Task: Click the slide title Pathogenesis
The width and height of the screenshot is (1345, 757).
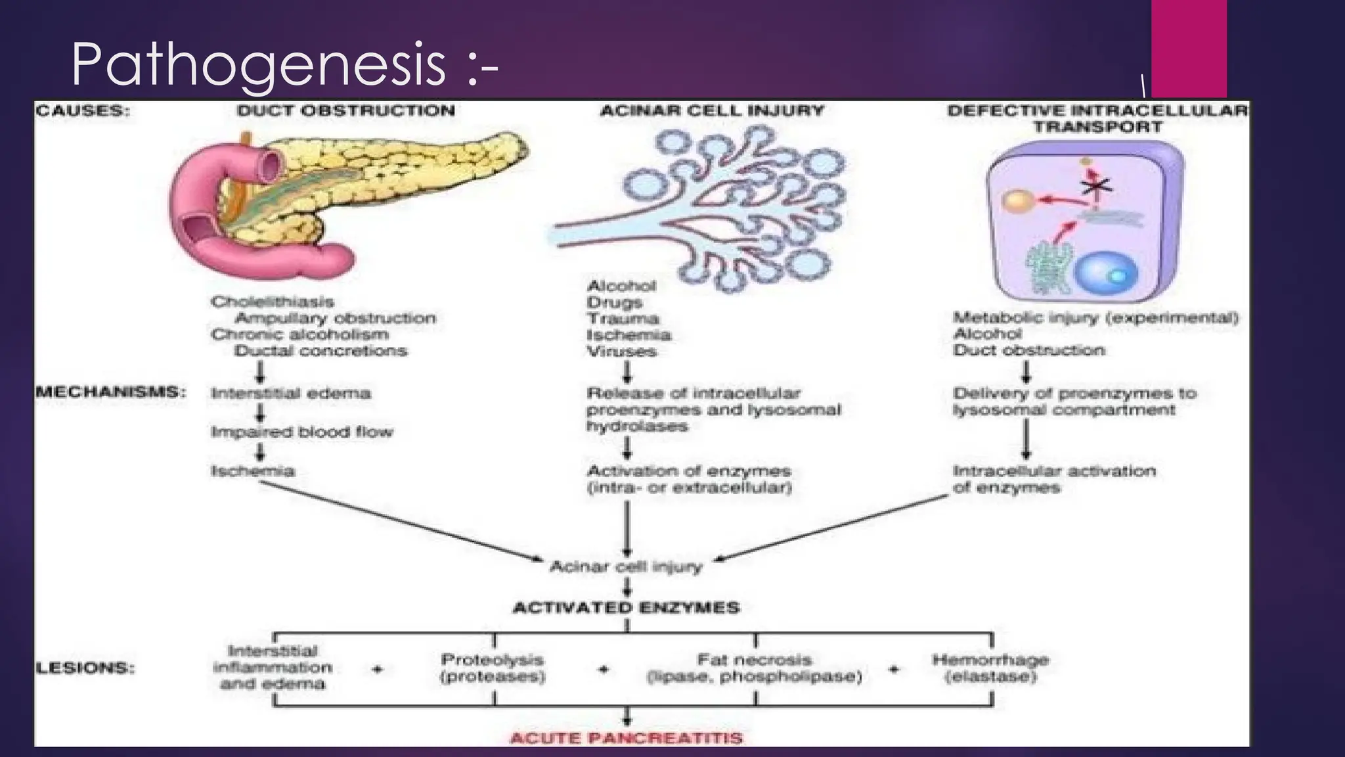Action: pyautogui.click(x=284, y=64)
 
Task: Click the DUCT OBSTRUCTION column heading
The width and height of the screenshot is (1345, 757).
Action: pyautogui.click(x=346, y=110)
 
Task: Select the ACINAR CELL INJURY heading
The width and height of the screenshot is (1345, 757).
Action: pyautogui.click(x=712, y=110)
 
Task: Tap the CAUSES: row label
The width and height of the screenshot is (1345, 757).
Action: pyautogui.click(x=83, y=110)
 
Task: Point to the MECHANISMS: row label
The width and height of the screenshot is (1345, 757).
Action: pyautogui.click(x=110, y=392)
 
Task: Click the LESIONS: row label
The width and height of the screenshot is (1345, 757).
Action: pyautogui.click(x=85, y=668)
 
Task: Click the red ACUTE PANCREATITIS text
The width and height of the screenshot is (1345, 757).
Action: pyautogui.click(x=626, y=738)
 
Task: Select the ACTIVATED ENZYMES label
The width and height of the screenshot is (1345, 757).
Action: pyautogui.click(x=626, y=608)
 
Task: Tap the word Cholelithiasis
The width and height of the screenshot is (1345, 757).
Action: pyautogui.click(x=273, y=302)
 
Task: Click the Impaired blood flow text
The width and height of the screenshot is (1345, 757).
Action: pyautogui.click(x=301, y=432)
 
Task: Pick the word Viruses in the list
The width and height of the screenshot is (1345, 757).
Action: pyautogui.click(x=621, y=352)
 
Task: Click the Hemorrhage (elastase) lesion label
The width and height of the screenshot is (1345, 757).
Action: pyautogui.click(x=990, y=668)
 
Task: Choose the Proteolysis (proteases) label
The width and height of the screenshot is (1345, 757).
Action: pyautogui.click(x=493, y=668)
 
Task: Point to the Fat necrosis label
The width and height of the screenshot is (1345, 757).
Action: pyautogui.click(x=754, y=660)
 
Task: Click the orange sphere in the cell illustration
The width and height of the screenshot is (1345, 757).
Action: pyautogui.click(x=1018, y=201)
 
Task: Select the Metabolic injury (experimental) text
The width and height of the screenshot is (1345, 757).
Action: pyautogui.click(x=1095, y=318)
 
